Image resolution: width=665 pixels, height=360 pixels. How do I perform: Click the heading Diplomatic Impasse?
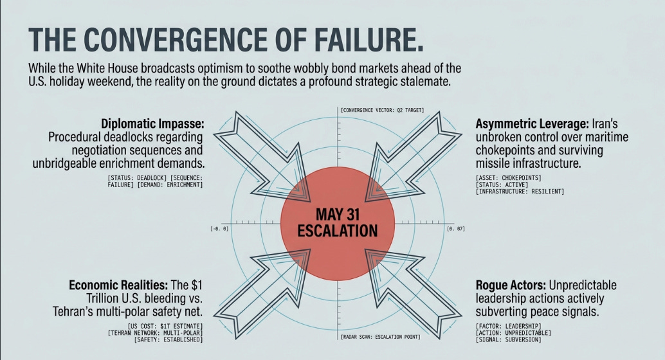[152, 124]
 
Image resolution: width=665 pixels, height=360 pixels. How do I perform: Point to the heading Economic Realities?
[118, 285]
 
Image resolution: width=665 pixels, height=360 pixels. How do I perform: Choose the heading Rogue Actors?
[511, 285]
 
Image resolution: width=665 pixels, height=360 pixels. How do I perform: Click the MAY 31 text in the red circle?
[338, 214]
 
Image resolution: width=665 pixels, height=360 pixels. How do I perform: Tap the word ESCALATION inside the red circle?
[338, 231]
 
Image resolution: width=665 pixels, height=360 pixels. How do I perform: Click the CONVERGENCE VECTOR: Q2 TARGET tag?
[382, 110]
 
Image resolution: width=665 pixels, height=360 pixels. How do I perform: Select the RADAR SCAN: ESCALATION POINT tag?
[381, 337]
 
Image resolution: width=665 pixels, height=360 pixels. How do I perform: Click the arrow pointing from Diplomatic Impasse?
[261, 157]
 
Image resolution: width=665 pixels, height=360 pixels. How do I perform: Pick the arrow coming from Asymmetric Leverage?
[413, 157]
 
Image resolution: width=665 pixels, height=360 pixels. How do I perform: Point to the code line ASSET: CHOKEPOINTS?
[509, 177]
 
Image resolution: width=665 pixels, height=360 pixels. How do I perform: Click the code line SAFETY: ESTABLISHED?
[169, 339]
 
